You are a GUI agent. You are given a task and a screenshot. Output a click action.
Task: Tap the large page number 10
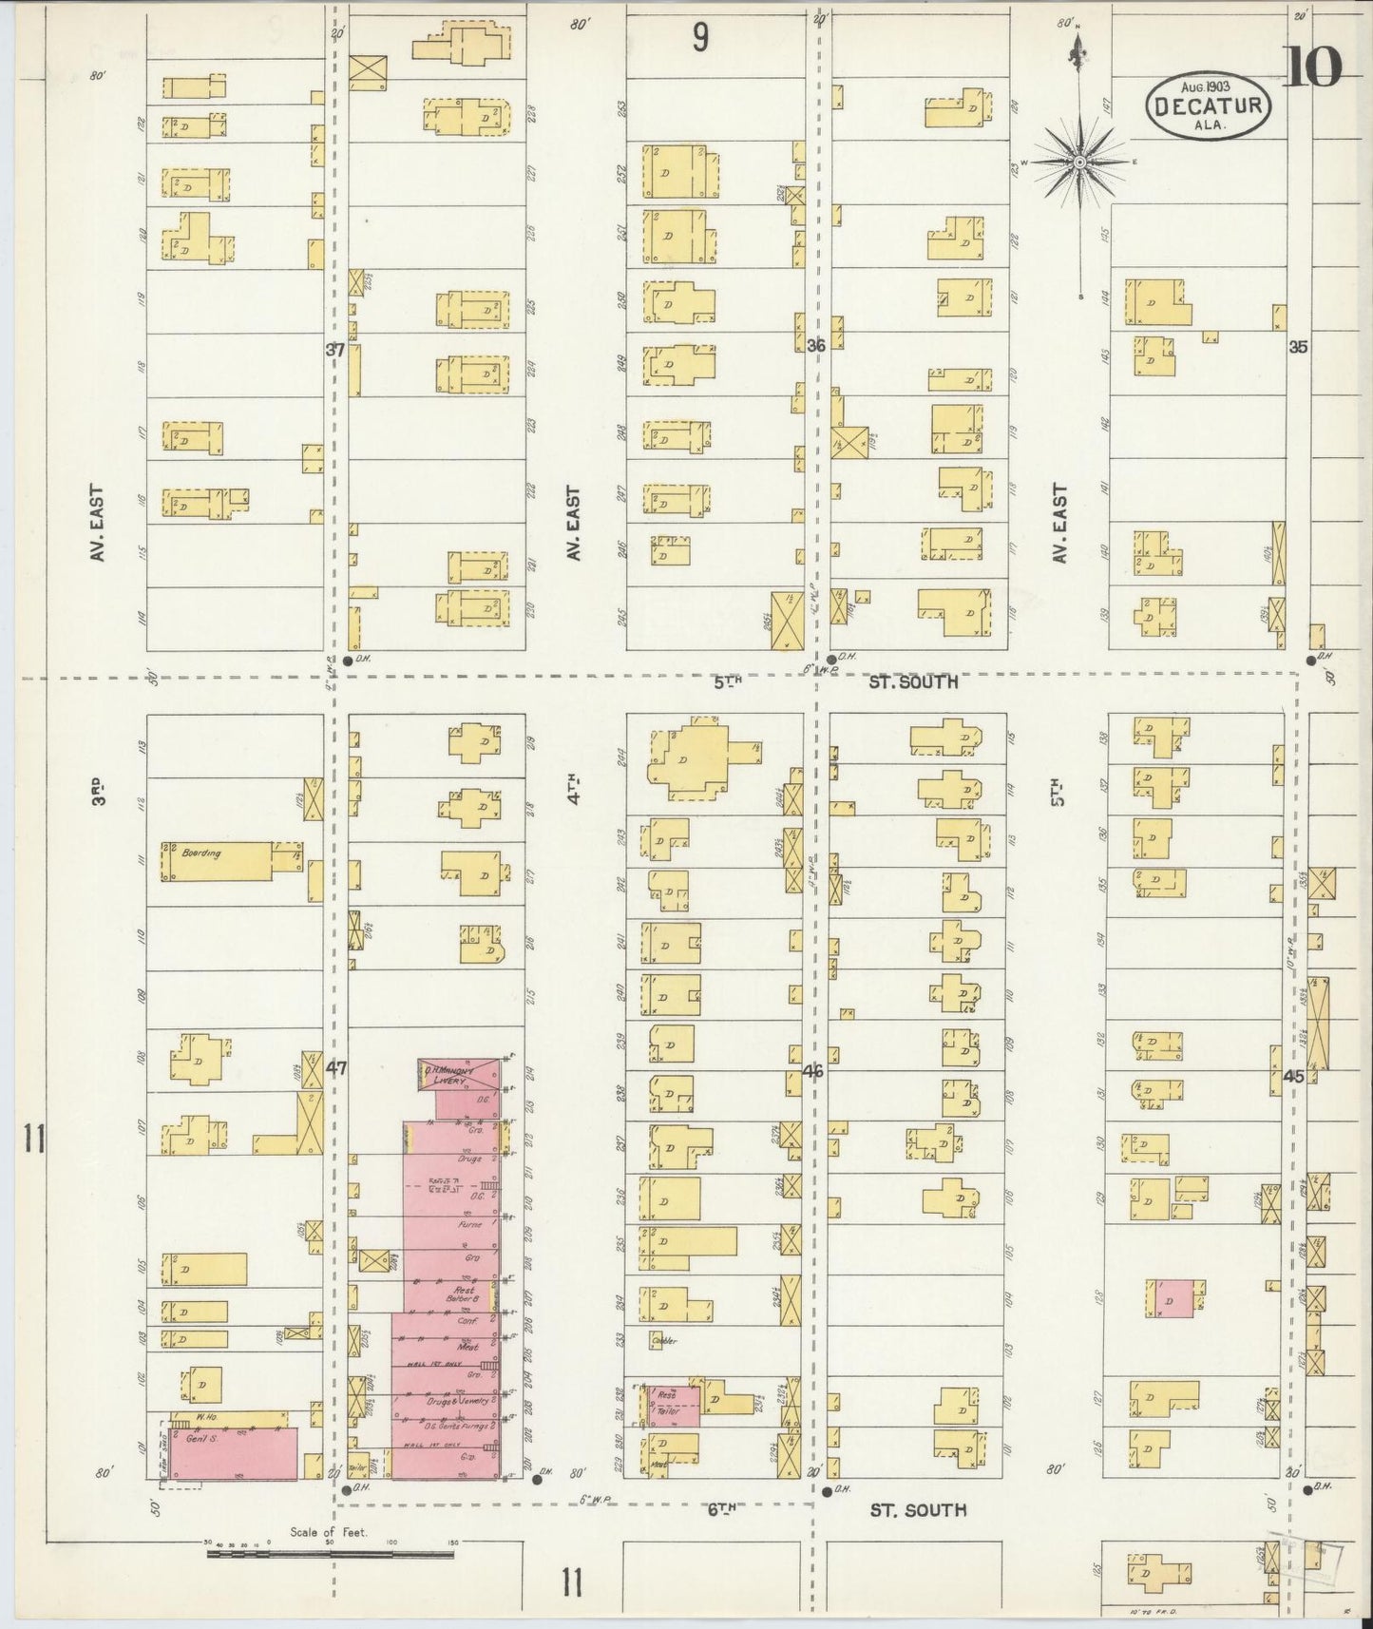(x=1315, y=66)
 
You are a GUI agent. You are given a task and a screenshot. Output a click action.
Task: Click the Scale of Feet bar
(x=330, y=1554)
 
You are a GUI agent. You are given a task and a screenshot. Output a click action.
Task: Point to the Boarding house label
(x=200, y=853)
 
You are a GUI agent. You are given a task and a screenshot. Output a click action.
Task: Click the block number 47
(x=335, y=1067)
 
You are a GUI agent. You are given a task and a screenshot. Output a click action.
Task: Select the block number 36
(x=815, y=346)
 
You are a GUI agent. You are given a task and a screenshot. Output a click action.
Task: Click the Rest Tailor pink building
(x=675, y=1406)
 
